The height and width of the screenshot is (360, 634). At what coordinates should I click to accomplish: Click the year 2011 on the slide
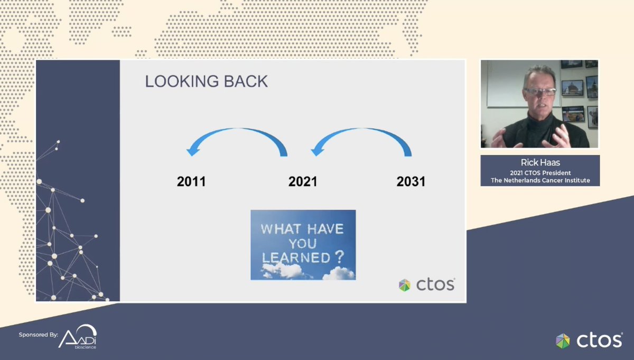(x=191, y=182)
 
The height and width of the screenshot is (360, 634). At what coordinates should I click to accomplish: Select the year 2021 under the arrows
(x=303, y=182)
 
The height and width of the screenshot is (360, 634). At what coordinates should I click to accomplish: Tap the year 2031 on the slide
(x=411, y=182)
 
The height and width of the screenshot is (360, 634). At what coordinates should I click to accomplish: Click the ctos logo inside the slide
(x=426, y=284)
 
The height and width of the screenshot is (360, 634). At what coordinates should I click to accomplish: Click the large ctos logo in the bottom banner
(x=589, y=340)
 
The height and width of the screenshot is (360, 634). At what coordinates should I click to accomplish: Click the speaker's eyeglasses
(x=539, y=92)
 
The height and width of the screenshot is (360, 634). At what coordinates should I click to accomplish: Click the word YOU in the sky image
(x=302, y=244)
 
